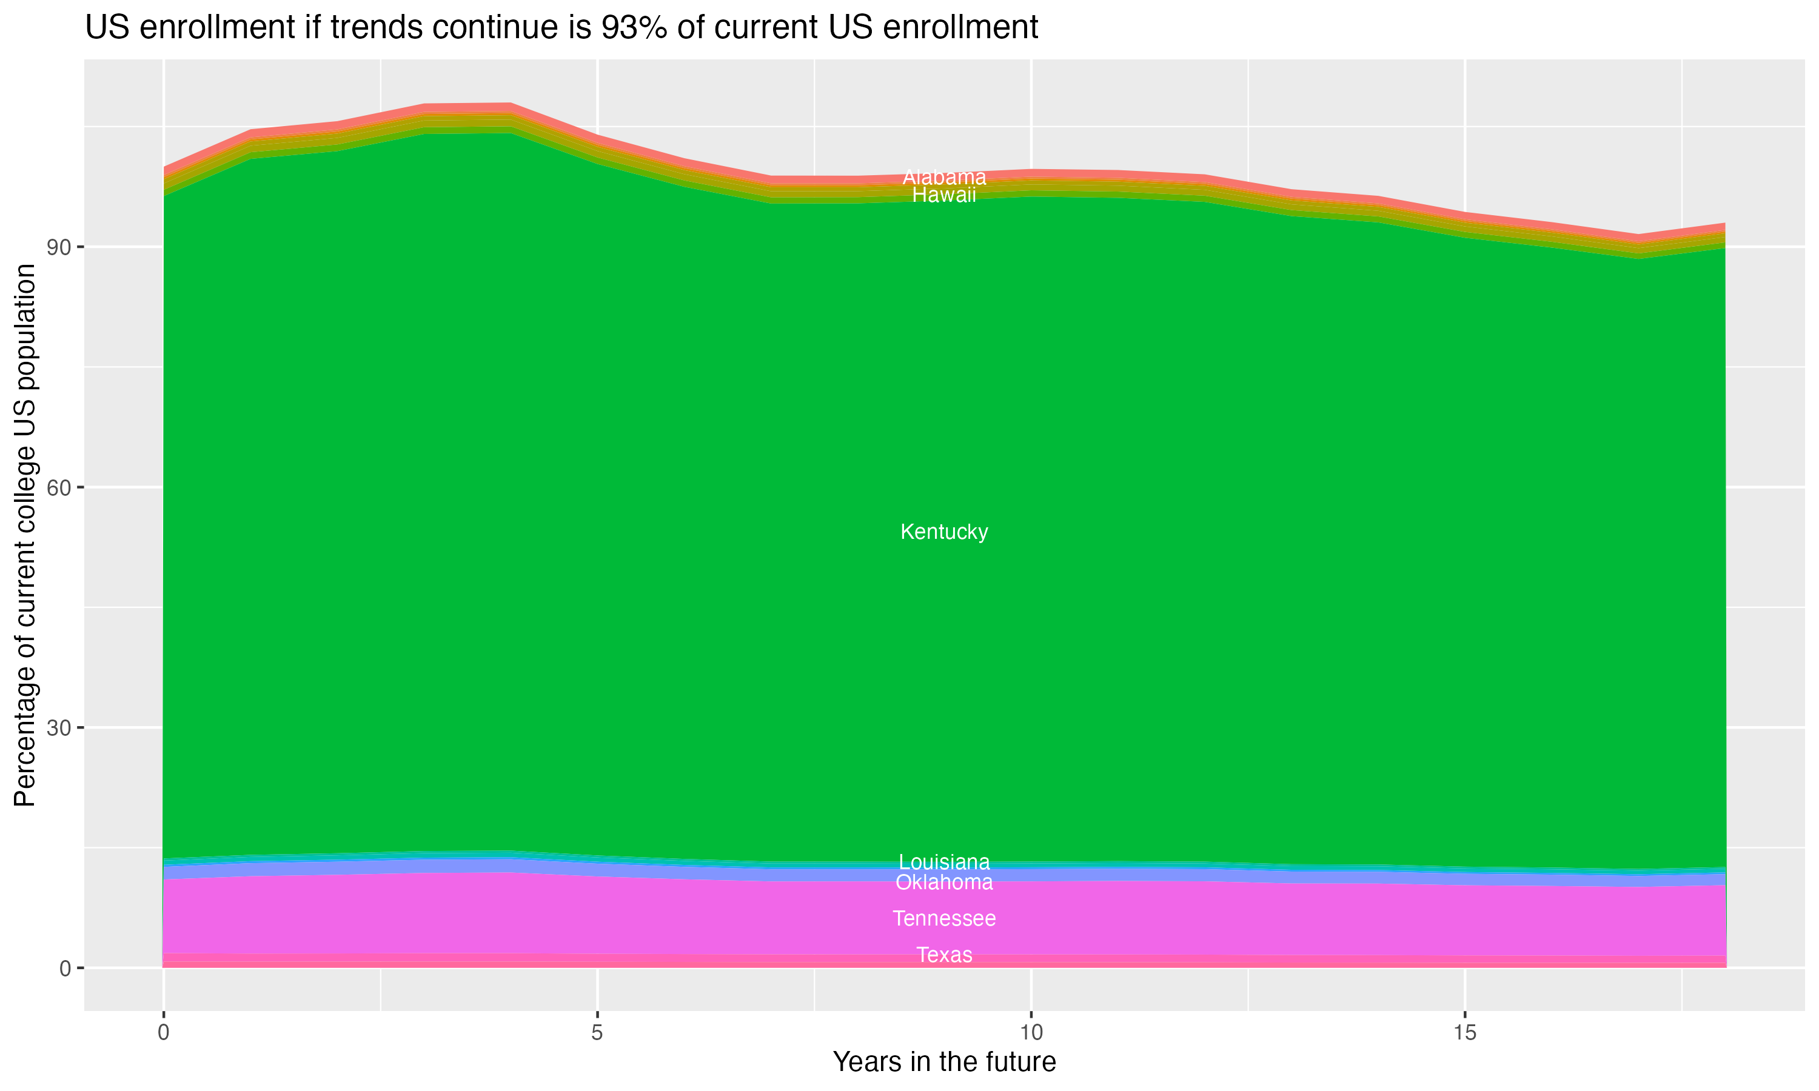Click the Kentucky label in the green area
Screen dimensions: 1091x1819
click(944, 532)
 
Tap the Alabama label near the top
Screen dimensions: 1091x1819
click(944, 177)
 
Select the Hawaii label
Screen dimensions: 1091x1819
click(944, 195)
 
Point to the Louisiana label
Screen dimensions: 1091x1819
click(944, 862)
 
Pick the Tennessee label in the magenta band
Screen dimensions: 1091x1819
click(944, 918)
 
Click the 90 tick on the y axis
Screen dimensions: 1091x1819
click(59, 247)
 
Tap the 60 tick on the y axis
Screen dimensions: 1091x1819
click(59, 487)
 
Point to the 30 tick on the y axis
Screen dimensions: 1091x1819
click(59, 728)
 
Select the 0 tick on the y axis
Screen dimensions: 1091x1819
click(65, 968)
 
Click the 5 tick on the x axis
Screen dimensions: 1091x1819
click(597, 1033)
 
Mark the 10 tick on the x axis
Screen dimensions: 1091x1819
click(1031, 1033)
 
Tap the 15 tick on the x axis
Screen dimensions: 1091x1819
click(1465, 1033)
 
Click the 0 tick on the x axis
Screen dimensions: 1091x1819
click(163, 1033)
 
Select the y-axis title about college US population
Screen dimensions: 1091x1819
click(25, 535)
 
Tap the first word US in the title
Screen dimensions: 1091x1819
click(108, 28)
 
